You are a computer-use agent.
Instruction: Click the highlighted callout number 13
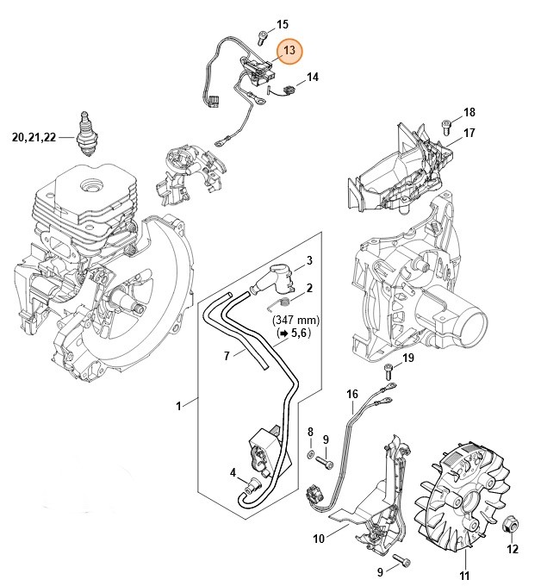coord(289,52)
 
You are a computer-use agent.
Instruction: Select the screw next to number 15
coord(262,36)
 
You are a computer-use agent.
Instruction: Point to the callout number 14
coord(312,78)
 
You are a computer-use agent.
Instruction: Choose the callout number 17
coord(469,133)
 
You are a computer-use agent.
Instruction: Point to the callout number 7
coord(227,355)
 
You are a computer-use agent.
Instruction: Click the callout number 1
coord(180,403)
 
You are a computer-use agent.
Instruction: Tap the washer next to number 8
coord(310,453)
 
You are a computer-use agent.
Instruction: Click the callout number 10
coord(317,539)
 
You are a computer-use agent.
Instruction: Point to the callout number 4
coord(232,471)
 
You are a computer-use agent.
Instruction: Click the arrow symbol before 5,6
coord(282,333)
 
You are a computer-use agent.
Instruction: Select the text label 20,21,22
coord(34,136)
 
